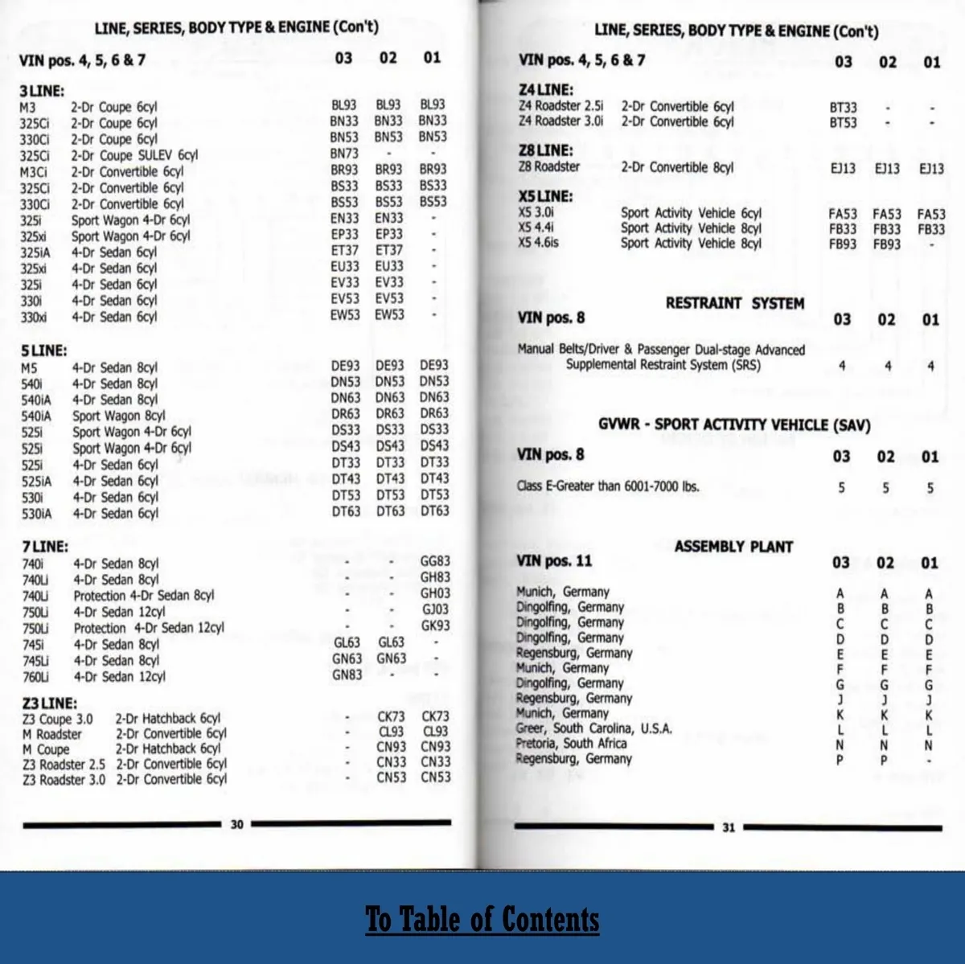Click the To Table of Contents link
[x=482, y=919]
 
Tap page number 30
[x=236, y=824]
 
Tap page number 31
[x=729, y=827]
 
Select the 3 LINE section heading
[x=42, y=91]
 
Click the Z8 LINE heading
[x=546, y=150]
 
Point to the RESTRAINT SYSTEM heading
[x=734, y=303]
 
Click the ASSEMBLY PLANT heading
[x=733, y=547]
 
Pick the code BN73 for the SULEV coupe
[x=344, y=153]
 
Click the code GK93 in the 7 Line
[x=435, y=626]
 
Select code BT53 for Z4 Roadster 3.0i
[x=843, y=123]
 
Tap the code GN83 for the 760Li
[x=347, y=675]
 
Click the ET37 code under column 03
[x=344, y=250]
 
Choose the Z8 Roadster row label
[x=548, y=166]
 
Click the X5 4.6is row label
[x=538, y=243]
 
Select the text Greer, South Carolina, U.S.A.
[x=593, y=728]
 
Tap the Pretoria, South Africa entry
[x=571, y=744]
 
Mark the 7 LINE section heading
[x=45, y=547]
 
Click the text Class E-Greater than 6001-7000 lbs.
[x=608, y=486]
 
